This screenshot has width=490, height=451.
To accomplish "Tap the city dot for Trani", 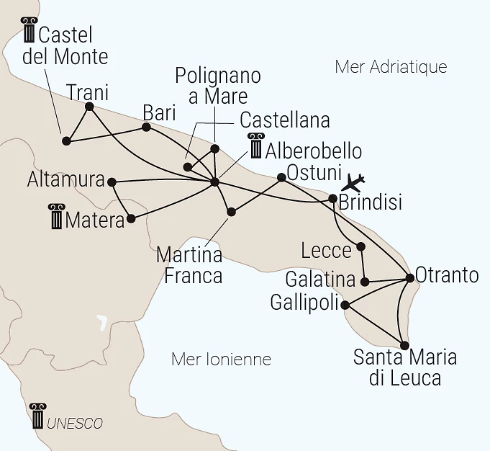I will [x=89, y=107].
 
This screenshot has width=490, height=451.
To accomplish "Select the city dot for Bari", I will [x=146, y=128].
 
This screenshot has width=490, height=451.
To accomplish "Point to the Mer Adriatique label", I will [x=391, y=67].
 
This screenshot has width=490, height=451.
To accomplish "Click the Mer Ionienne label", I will [x=221, y=359].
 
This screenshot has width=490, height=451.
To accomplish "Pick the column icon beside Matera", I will [x=56, y=217].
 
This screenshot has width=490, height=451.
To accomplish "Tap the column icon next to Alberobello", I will [x=255, y=146].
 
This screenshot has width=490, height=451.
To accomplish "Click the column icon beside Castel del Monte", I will [x=30, y=31].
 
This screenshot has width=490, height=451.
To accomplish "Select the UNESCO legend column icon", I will [x=37, y=417].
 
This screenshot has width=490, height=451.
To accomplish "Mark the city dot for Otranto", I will [x=410, y=277].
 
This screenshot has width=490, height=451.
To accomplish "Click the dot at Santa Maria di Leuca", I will [x=404, y=345].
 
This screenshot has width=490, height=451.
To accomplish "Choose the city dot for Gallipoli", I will [x=345, y=305].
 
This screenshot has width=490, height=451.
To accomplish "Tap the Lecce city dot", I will [x=361, y=247].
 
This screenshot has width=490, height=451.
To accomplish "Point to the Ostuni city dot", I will [x=281, y=177].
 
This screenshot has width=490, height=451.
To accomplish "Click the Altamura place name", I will [x=65, y=180].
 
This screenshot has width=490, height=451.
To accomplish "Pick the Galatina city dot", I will [x=366, y=282].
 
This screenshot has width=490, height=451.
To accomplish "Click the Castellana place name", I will [x=284, y=119].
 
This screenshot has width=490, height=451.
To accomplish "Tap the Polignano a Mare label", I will [x=218, y=86].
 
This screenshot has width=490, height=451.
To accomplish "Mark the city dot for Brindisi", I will [x=332, y=198].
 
